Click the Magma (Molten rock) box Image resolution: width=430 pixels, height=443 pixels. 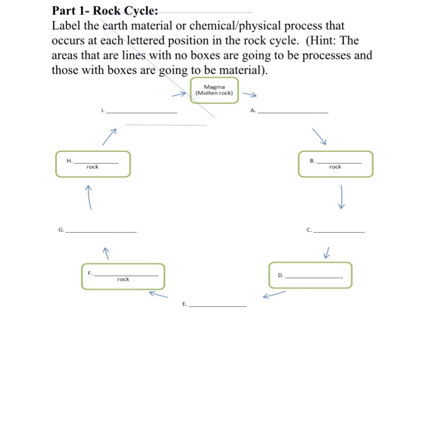214,90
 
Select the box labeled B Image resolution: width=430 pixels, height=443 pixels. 336,164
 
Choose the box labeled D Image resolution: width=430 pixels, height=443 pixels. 310,275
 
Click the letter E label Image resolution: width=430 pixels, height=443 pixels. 184,304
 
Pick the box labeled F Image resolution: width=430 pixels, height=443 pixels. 123,277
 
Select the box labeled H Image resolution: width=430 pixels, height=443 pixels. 92,164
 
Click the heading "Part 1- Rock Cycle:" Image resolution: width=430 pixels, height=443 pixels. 106,11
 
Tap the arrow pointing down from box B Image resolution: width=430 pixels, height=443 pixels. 341,196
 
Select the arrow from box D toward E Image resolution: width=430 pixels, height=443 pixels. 274,295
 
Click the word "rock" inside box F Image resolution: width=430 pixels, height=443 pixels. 123,279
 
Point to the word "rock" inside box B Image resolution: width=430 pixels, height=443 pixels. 335,167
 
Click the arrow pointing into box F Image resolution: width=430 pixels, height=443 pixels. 159,294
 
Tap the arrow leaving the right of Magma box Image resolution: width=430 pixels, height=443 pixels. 250,96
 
